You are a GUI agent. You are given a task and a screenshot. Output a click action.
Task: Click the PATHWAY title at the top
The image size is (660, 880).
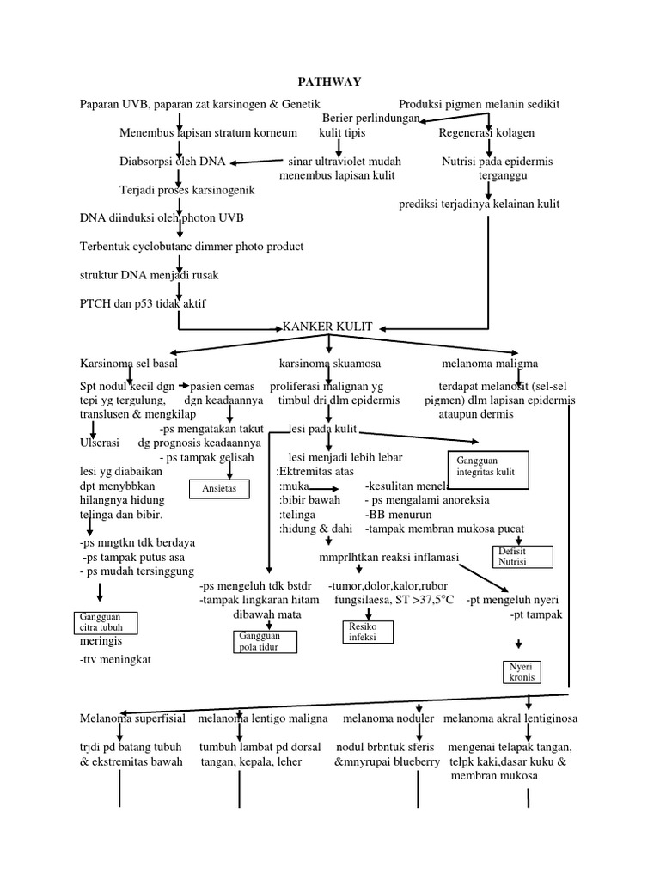(x=329, y=82)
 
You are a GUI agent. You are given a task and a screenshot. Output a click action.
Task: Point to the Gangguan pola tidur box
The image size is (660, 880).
(x=265, y=641)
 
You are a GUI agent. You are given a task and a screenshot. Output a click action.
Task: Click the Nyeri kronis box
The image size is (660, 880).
(x=522, y=671)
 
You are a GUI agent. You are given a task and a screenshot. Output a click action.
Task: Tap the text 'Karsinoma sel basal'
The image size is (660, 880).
(x=128, y=364)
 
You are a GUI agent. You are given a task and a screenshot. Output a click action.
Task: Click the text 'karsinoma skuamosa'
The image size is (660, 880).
(x=329, y=364)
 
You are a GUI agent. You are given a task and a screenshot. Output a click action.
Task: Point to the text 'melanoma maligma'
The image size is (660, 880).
(x=491, y=364)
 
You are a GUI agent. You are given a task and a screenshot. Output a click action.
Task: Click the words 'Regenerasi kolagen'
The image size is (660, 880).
(x=486, y=133)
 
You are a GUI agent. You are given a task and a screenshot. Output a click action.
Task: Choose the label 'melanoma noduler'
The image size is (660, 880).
(x=388, y=718)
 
